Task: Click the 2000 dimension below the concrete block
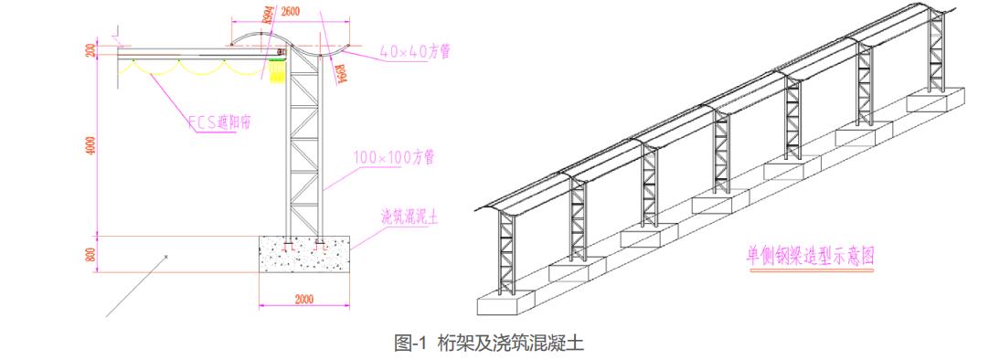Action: tap(304, 299)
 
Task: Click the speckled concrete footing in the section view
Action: tap(305, 255)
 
